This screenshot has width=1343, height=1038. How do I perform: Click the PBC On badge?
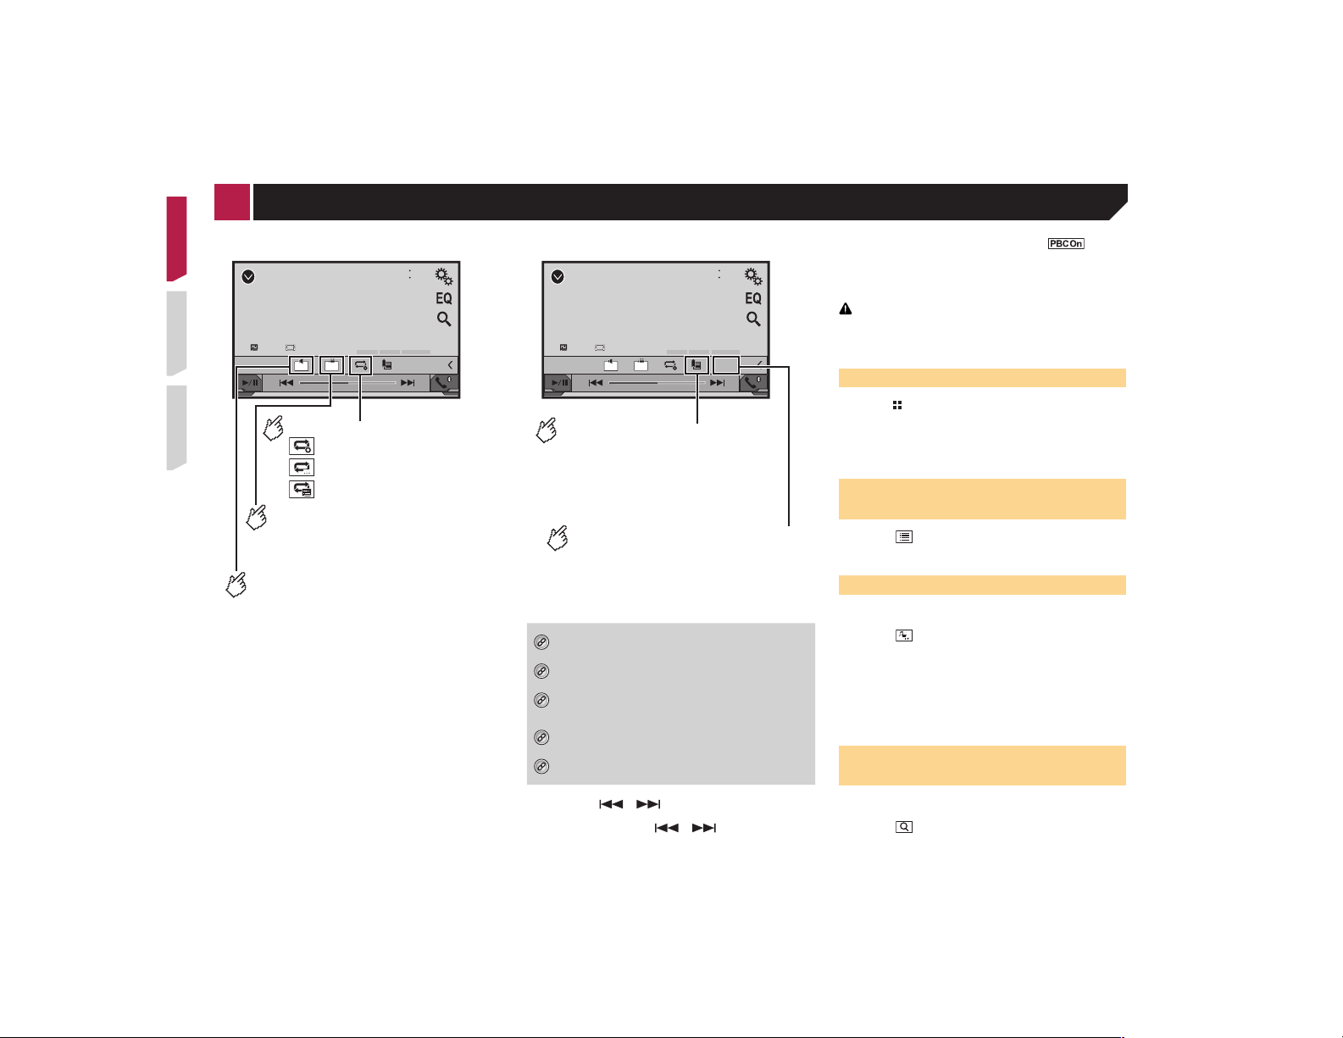[1065, 243]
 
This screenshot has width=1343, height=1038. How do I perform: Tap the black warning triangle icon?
[846, 309]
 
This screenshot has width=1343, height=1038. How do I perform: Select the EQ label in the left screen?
[444, 298]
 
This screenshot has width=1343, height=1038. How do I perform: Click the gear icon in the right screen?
[753, 276]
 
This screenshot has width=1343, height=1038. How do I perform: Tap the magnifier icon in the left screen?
[444, 319]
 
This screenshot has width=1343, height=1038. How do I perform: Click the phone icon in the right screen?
[752, 383]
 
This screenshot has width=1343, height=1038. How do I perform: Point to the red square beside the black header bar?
[232, 202]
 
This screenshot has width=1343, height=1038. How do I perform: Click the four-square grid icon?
[896, 405]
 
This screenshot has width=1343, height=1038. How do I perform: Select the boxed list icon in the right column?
[903, 537]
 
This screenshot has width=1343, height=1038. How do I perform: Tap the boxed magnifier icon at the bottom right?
[903, 827]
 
